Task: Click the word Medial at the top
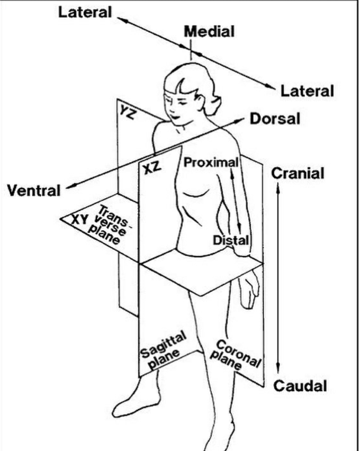click(209, 32)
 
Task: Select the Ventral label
click(33, 190)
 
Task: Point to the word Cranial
click(298, 173)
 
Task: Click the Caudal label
click(300, 385)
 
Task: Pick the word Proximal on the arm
click(211, 162)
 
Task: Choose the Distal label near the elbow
click(231, 240)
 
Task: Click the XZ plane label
click(152, 169)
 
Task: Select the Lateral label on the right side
click(307, 91)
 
